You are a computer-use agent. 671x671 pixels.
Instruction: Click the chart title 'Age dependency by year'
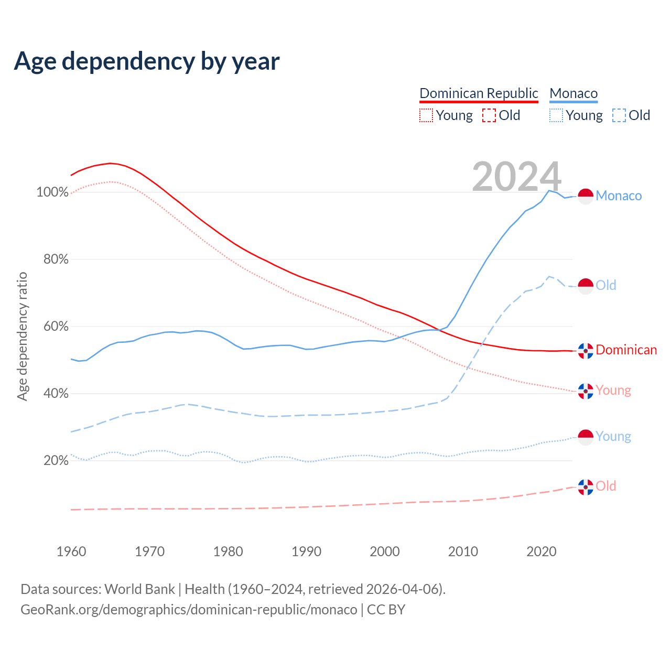pyautogui.click(x=147, y=61)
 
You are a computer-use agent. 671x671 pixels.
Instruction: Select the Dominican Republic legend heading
pyautogui.click(x=479, y=93)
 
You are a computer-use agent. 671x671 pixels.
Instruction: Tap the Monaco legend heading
pyautogui.click(x=573, y=93)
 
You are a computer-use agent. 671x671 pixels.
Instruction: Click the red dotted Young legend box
pyautogui.click(x=426, y=115)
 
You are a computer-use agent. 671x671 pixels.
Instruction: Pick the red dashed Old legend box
pyautogui.click(x=489, y=115)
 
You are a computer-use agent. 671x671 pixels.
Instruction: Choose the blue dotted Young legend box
pyautogui.click(x=556, y=115)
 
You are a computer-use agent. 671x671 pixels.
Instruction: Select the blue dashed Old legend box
pyautogui.click(x=619, y=115)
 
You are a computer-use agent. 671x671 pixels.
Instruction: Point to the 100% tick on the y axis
pyautogui.click(x=52, y=192)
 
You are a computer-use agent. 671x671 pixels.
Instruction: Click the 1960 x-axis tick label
pyautogui.click(x=71, y=551)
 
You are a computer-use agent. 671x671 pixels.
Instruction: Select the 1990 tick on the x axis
pyautogui.click(x=307, y=551)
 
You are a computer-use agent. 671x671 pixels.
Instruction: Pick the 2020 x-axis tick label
pyautogui.click(x=542, y=551)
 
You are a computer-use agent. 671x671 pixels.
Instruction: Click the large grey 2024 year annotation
pyautogui.click(x=516, y=177)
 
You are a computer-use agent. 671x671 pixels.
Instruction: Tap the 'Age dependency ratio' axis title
pyautogui.click(x=22, y=336)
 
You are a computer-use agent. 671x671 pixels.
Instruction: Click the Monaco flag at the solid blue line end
pyautogui.click(x=586, y=196)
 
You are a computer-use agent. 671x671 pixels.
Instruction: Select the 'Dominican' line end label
pyautogui.click(x=626, y=350)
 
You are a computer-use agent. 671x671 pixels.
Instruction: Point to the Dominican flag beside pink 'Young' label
pyautogui.click(x=586, y=391)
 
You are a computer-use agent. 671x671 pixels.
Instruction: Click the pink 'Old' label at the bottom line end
pyautogui.click(x=606, y=486)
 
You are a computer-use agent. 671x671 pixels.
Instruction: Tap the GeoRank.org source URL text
pyautogui.click(x=189, y=610)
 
